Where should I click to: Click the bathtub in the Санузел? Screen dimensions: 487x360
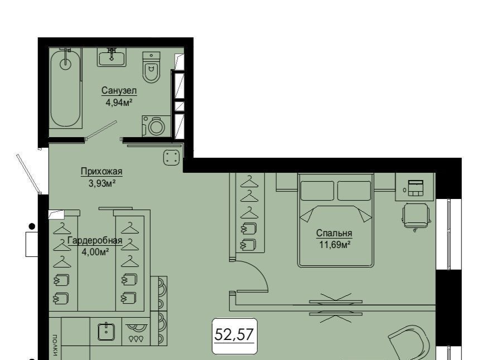[x=65, y=87]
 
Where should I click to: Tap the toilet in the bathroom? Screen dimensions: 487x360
[x=151, y=67]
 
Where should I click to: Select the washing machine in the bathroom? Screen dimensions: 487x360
[x=157, y=126]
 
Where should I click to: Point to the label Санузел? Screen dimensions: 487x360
[x=119, y=91]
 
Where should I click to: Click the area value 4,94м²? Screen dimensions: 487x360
[x=119, y=102]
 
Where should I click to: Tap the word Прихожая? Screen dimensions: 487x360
[x=102, y=171]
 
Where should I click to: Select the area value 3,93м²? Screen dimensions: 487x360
[x=102, y=183]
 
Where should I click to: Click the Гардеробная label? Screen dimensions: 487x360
[x=95, y=241]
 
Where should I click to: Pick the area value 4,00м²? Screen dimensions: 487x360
[x=95, y=252]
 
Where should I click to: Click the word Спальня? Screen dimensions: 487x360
[x=334, y=233]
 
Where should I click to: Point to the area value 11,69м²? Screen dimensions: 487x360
[x=335, y=245]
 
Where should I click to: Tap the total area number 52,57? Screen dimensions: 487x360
[x=234, y=334]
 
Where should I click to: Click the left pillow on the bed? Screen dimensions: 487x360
[x=317, y=191]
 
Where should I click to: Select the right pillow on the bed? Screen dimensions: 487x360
[x=354, y=191]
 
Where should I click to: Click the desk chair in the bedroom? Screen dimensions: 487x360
[x=416, y=216]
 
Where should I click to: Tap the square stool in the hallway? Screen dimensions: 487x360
[x=172, y=157]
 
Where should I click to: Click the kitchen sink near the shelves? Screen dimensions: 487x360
[x=106, y=332]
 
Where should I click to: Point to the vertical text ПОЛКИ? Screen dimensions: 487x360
[x=55, y=345]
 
